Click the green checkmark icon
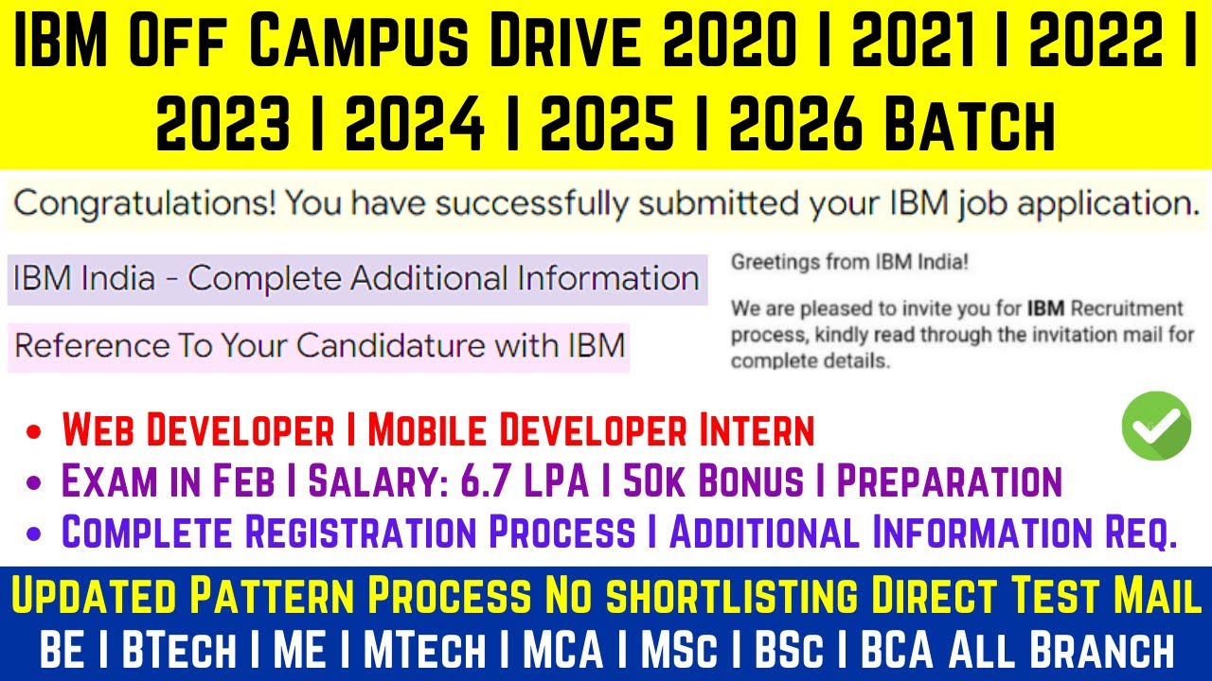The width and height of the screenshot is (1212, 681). [1156, 426]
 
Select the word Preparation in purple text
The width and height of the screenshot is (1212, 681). [950, 481]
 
